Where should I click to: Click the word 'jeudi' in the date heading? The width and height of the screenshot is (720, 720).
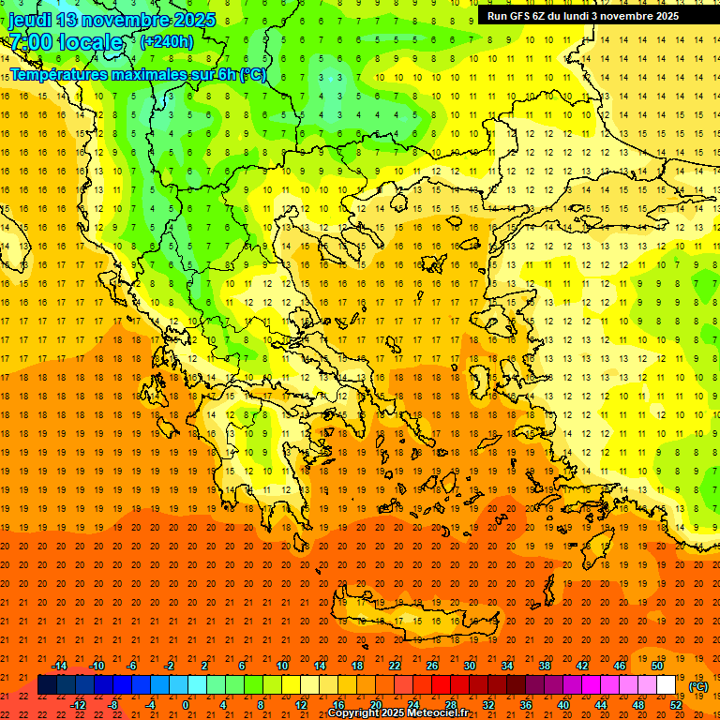31,20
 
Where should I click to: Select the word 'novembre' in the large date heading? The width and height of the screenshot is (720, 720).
127,20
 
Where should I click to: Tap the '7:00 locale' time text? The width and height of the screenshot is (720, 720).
66,42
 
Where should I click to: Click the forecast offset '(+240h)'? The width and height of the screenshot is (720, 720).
166,42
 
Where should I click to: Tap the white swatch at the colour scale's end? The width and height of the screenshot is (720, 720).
666,685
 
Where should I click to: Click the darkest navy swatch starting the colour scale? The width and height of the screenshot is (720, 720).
47,685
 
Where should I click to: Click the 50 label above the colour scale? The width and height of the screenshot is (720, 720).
657,666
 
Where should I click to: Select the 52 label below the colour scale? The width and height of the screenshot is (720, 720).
676,705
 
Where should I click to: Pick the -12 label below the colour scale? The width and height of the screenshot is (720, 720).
78,705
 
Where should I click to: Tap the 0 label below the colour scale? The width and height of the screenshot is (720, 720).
186,705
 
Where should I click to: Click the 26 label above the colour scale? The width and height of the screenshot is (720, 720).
432,666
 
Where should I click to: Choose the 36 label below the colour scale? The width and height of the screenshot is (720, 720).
526,705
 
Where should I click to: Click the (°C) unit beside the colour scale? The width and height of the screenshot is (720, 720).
698,686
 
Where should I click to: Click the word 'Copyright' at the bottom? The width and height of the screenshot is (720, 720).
353,713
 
